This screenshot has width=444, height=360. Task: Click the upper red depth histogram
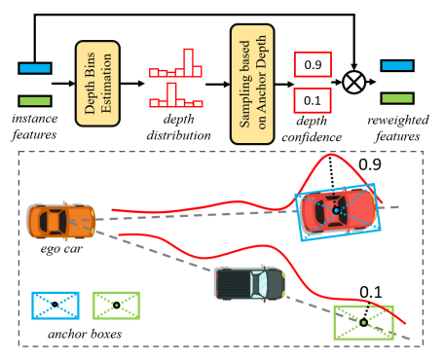click(176, 66)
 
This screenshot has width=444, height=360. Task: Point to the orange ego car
click(61, 221)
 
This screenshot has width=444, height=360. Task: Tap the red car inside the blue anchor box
click(337, 211)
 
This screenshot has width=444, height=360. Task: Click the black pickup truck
click(250, 282)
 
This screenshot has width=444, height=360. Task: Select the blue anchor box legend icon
click(55, 305)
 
